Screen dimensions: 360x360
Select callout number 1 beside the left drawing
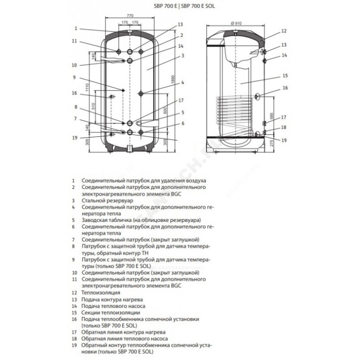77,28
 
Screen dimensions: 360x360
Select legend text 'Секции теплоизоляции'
108,312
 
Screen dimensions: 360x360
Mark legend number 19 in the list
73,344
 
